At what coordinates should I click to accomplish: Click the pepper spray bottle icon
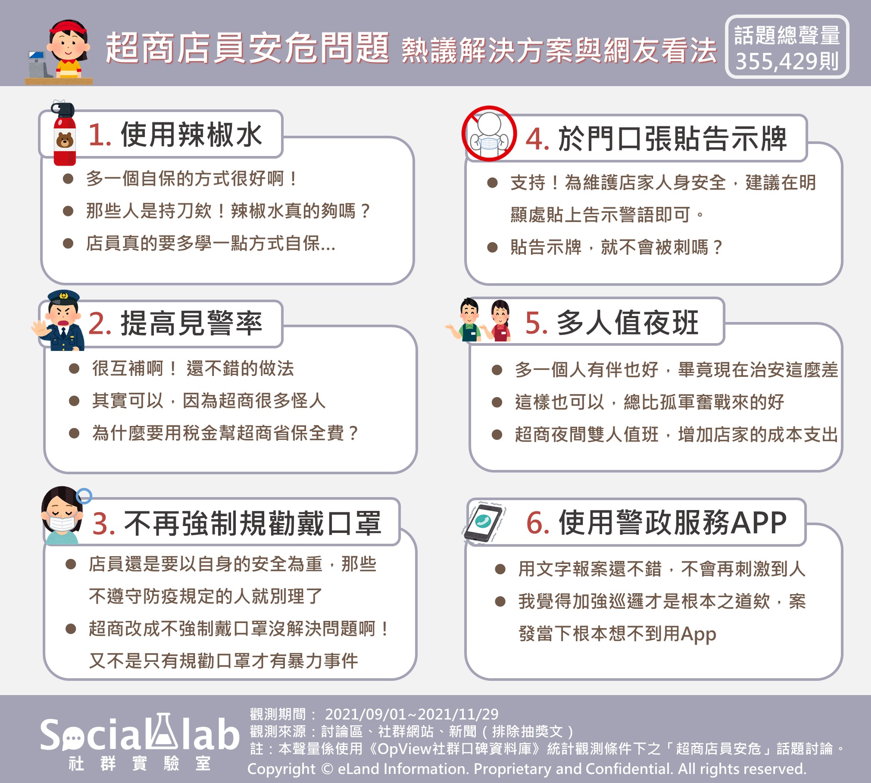64,134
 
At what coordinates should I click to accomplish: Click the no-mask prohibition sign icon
489,134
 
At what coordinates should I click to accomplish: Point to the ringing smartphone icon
484,522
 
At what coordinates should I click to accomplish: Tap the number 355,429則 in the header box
787,62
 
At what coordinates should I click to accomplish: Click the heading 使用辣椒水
191,135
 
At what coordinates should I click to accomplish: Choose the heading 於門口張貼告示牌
673,139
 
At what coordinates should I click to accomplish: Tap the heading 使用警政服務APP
673,523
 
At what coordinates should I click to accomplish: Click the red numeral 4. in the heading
537,139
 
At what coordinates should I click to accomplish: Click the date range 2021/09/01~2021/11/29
412,715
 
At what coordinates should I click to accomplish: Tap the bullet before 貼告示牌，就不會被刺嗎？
492,247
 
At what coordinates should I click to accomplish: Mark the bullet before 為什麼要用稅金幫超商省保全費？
74,433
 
